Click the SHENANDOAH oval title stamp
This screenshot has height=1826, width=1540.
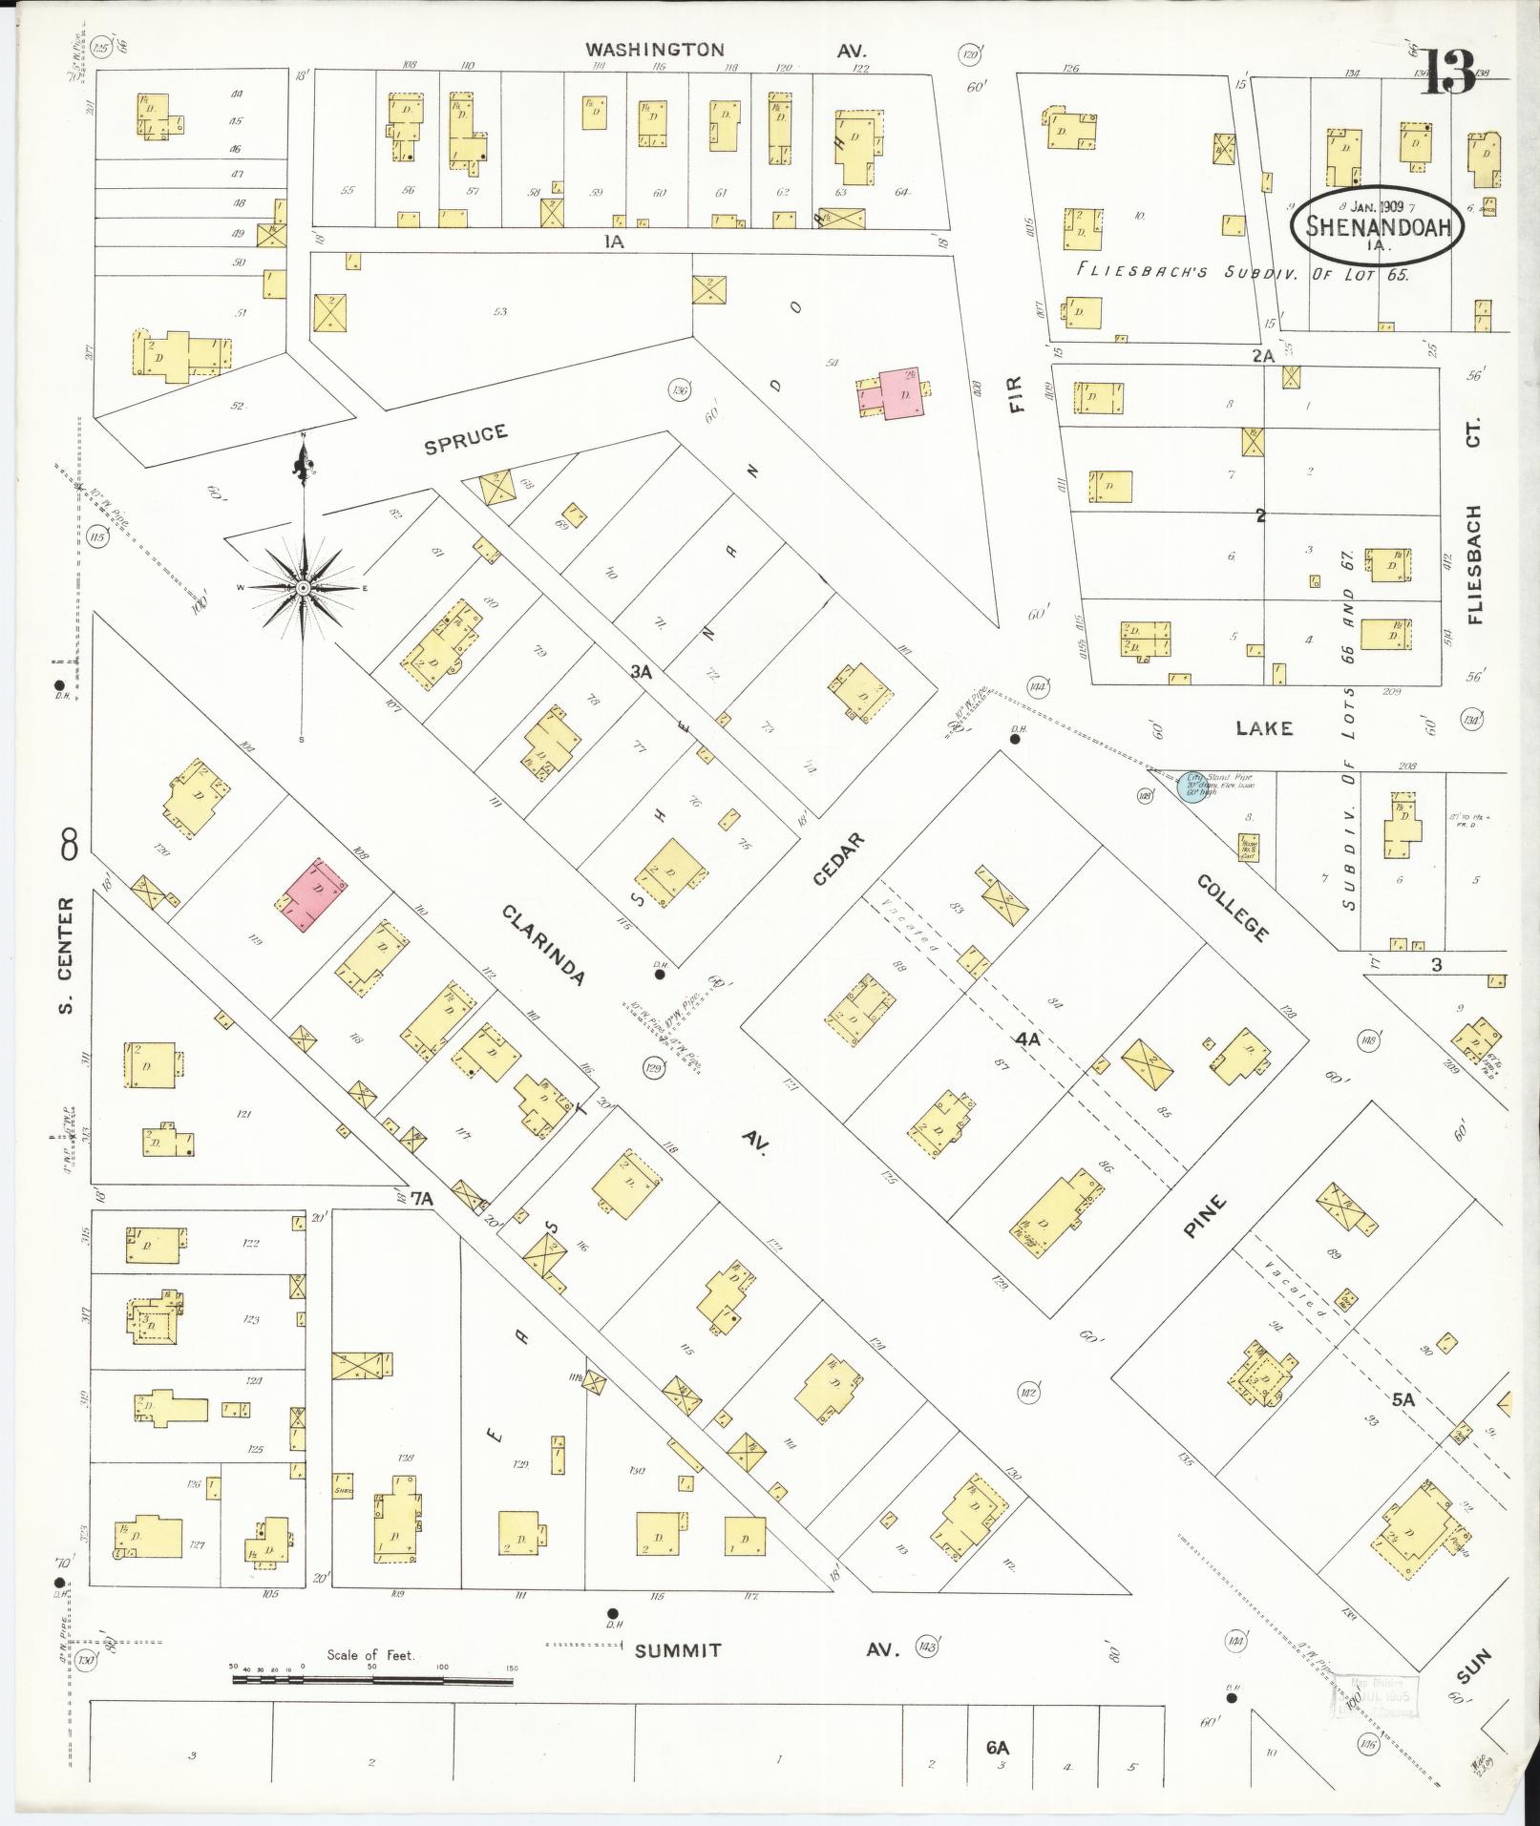tap(1376, 228)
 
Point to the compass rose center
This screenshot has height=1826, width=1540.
tap(303, 587)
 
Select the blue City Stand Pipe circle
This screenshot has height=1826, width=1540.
tap(1191, 787)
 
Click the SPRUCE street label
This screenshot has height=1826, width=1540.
tap(466, 438)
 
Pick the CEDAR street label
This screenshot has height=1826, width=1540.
tap(839, 858)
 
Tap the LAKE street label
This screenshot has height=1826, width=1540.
tap(1264, 728)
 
